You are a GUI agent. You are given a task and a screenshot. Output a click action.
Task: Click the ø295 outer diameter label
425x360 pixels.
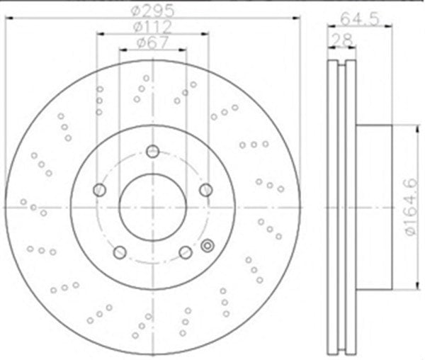pos(152,11)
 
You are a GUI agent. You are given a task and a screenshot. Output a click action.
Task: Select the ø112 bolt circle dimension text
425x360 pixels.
pos(152,26)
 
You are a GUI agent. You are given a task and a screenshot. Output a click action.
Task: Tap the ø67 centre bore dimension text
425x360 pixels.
pos(152,43)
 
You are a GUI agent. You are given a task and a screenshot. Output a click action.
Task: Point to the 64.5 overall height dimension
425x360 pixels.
pos(359,19)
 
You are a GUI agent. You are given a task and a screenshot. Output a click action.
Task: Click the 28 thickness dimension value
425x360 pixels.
pos(342,40)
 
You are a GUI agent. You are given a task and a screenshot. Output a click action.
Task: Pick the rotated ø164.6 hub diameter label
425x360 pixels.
pos(412,208)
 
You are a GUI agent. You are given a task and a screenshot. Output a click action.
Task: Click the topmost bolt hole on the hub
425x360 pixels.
pos(152,151)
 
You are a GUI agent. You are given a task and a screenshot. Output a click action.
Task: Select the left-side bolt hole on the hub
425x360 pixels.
pos(99,190)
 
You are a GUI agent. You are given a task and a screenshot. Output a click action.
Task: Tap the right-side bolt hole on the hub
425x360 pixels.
pos(206,190)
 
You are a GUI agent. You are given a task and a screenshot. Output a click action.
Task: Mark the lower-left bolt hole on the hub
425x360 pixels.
pos(120,253)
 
